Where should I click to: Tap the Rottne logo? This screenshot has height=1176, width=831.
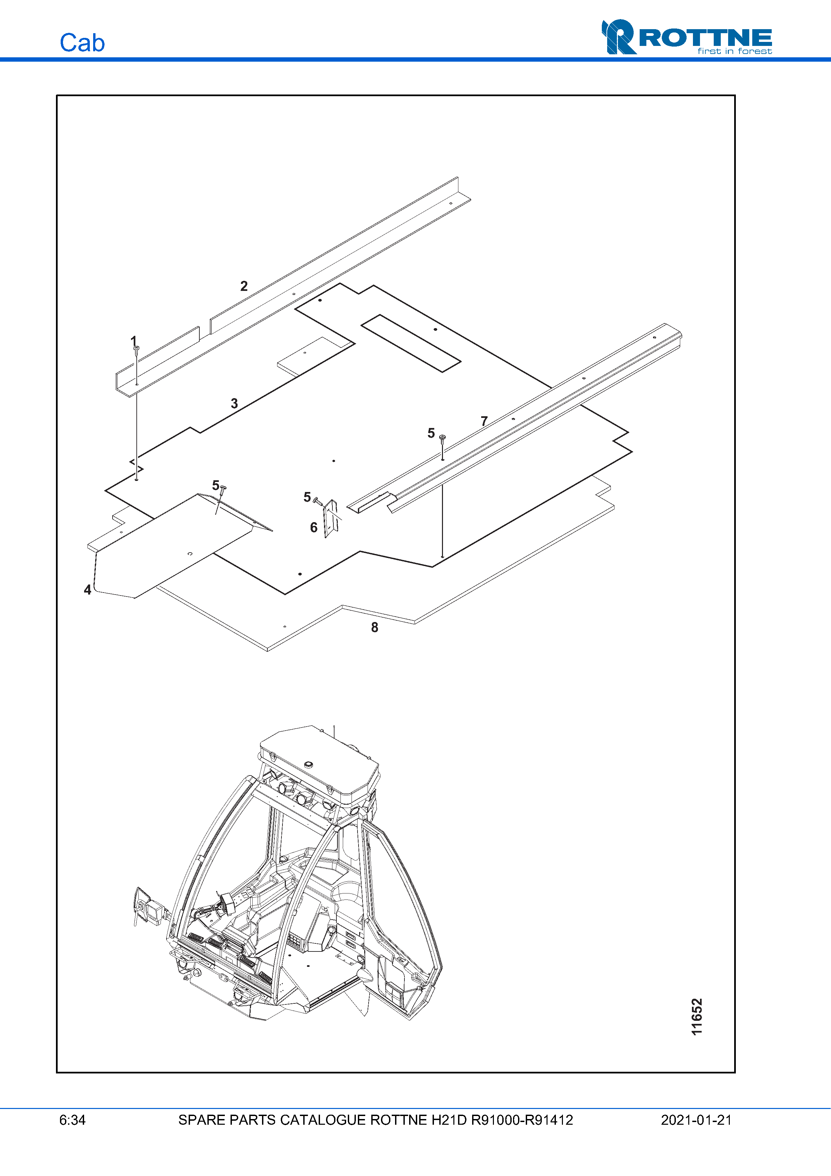(x=687, y=37)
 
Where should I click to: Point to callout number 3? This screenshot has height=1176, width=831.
(x=234, y=403)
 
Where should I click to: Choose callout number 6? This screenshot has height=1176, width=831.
(x=314, y=527)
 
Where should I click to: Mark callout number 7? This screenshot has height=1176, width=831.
(x=485, y=421)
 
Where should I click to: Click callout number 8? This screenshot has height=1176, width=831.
(x=375, y=627)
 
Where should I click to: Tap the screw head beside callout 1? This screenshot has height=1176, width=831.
(x=136, y=348)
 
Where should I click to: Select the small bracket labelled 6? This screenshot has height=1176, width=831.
(x=331, y=519)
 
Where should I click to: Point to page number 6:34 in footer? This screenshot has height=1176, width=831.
(x=72, y=1120)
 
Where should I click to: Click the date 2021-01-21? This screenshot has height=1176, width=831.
(x=696, y=1120)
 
